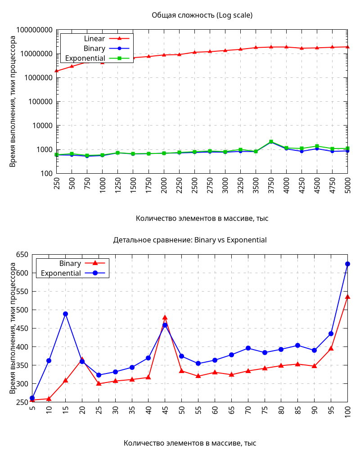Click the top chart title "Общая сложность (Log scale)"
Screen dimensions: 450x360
coord(202,15)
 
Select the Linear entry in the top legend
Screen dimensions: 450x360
coord(94,39)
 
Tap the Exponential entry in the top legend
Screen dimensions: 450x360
coord(85,58)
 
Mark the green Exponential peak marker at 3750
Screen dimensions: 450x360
coord(271,142)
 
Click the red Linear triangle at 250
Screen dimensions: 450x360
coord(57,71)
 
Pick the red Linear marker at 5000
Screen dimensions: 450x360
coord(347,47)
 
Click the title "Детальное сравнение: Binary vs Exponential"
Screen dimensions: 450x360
coord(190,240)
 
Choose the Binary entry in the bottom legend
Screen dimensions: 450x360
coord(70,263)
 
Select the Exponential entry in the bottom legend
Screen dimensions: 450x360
coord(61,273)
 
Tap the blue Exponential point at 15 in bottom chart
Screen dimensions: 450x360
coord(65,314)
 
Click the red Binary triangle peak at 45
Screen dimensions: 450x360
coord(165,317)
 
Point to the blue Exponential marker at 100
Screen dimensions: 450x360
coord(347,264)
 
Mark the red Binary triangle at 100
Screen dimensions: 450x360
coord(347,297)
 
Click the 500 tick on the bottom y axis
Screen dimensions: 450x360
coord(22,310)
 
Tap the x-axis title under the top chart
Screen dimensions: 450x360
coord(202,218)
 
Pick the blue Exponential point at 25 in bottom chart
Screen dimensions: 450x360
coord(99,375)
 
